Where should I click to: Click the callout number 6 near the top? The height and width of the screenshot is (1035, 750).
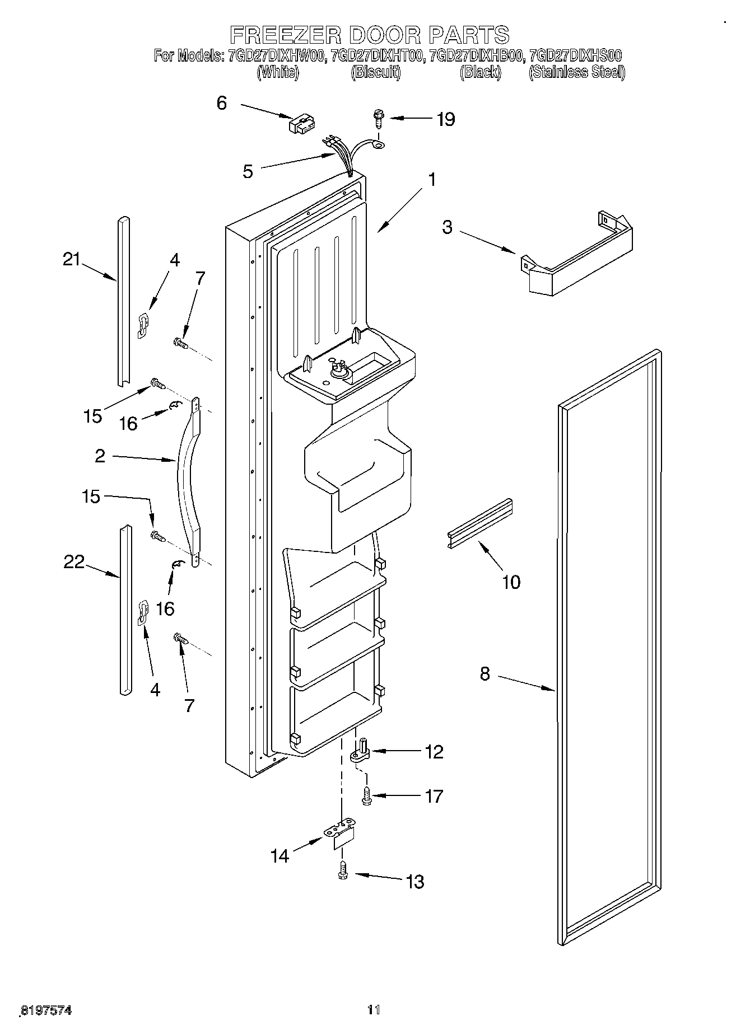click(x=222, y=103)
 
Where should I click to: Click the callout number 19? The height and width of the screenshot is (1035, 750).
click(x=445, y=119)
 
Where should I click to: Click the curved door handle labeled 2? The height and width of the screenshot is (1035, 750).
click(x=187, y=481)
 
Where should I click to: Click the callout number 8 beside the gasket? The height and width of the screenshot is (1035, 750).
click(x=485, y=674)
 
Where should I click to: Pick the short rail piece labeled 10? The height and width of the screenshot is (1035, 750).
click(x=481, y=522)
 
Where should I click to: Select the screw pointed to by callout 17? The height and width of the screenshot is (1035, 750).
click(x=367, y=796)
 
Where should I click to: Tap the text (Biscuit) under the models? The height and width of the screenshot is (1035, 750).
click(x=376, y=72)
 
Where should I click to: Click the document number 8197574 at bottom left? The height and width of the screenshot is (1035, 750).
click(x=46, y=1010)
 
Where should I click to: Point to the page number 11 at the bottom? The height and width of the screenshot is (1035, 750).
click(x=374, y=1009)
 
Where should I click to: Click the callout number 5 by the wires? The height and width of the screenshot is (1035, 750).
click(x=248, y=171)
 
